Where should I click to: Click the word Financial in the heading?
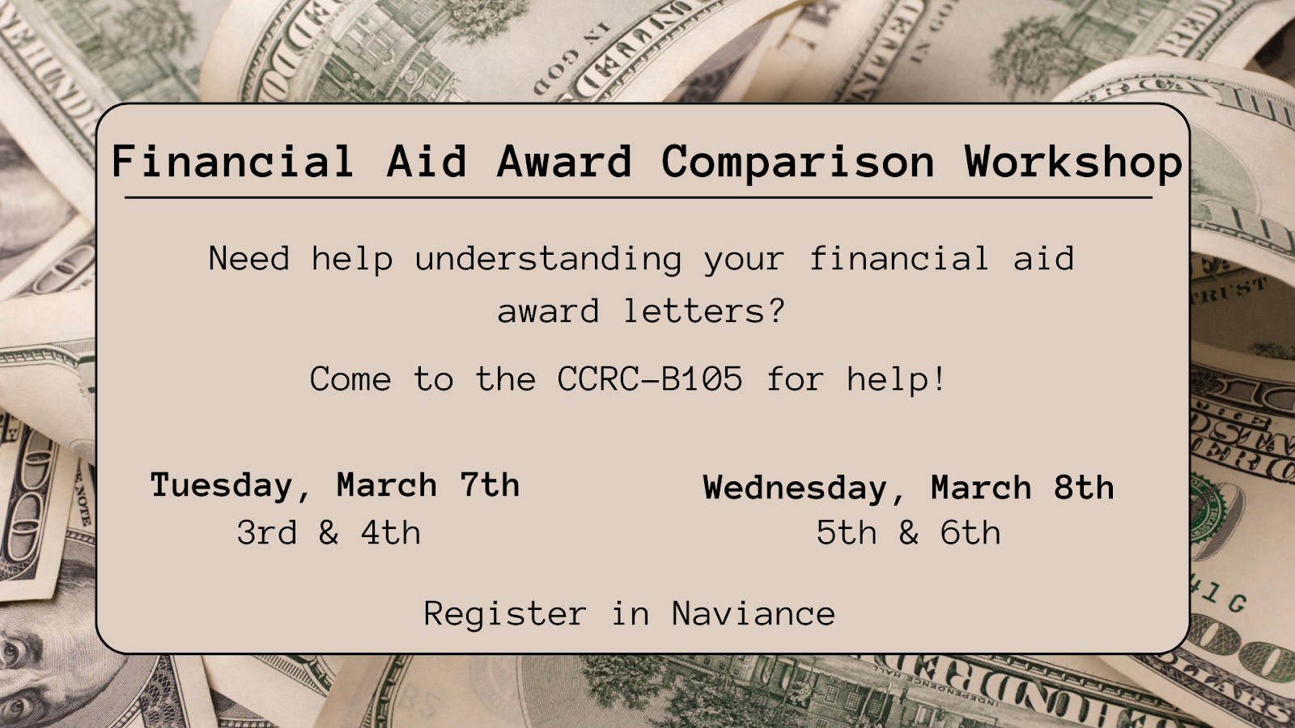pyautogui.click(x=232, y=161)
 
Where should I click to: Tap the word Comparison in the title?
pyautogui.click(x=798, y=163)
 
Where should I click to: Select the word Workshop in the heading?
pyautogui.click(x=1073, y=163)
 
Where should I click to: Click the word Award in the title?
pyautogui.click(x=564, y=161)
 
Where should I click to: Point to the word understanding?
pyautogui.click(x=548, y=260)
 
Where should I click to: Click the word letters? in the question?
pyautogui.click(x=704, y=311)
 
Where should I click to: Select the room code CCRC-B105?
pyautogui.click(x=650, y=379)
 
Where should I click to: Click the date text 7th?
pyautogui.click(x=490, y=485)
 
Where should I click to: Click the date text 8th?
pyautogui.click(x=1084, y=488)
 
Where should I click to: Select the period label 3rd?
pyautogui.click(x=267, y=532)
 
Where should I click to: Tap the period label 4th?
pyautogui.click(x=391, y=532)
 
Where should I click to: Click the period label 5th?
pyautogui.click(x=847, y=532)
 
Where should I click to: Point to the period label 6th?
pyautogui.click(x=970, y=532)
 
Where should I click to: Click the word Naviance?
pyautogui.click(x=754, y=613)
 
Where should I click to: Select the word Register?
pyautogui.click(x=505, y=614)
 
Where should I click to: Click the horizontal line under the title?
pyautogui.click(x=639, y=197)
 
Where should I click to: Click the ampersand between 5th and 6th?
pyautogui.click(x=908, y=532)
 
